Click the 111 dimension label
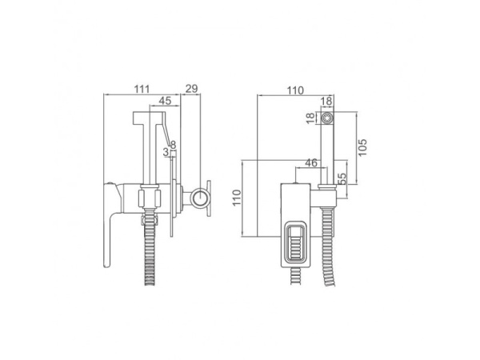click(142, 89)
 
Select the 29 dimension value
click(192, 89)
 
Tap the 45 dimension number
click(165, 101)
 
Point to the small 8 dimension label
click(174, 145)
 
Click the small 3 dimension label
click(166, 152)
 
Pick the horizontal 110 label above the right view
click(295, 90)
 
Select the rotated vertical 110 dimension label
click(237, 198)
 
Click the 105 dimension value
click(362, 147)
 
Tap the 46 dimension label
click(311, 162)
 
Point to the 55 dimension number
click(342, 178)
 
